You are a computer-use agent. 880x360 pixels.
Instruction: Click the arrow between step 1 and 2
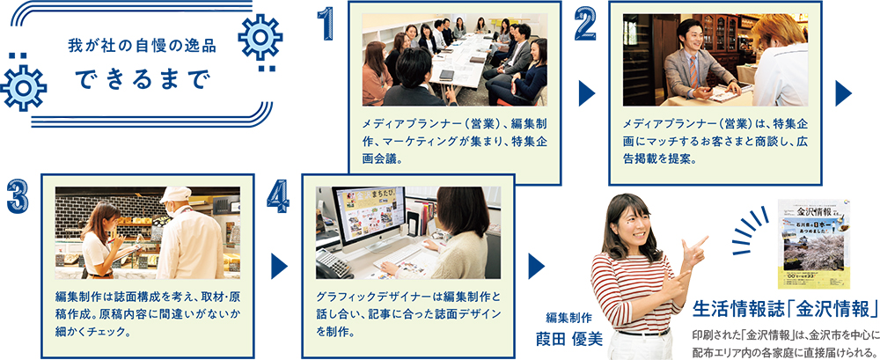(586, 93)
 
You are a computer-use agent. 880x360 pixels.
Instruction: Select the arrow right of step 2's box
(844, 93)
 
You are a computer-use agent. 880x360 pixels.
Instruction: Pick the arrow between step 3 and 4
(279, 266)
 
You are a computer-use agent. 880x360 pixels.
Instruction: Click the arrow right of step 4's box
(537, 266)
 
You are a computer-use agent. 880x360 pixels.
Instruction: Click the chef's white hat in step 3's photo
(175, 195)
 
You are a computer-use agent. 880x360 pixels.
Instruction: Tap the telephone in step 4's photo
(333, 264)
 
